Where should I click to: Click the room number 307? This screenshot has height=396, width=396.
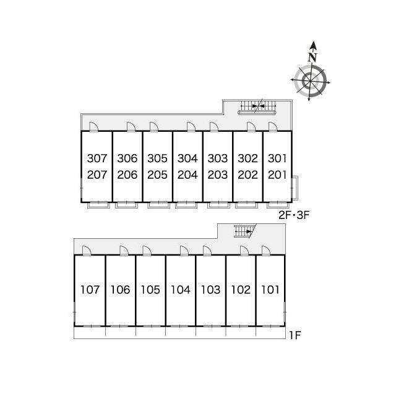pyautogui.click(x=97, y=158)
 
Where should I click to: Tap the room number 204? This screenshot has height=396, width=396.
pyautogui.click(x=187, y=174)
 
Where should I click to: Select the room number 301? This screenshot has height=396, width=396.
pyautogui.click(x=277, y=158)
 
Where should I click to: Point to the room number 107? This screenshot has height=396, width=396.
pyautogui.click(x=90, y=290)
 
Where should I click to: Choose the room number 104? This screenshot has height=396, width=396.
pyautogui.click(x=180, y=290)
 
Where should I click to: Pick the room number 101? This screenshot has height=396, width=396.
pyautogui.click(x=270, y=290)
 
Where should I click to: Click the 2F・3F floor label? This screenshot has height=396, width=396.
pyautogui.click(x=294, y=215)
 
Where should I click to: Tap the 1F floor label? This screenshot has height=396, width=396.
pyautogui.click(x=295, y=335)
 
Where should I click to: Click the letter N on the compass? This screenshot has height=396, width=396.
pyautogui.click(x=312, y=58)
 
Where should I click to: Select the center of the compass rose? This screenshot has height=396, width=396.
pyautogui.click(x=310, y=81)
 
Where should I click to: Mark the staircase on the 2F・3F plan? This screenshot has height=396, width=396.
pyautogui.click(x=257, y=106)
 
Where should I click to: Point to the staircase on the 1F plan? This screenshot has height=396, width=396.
pyautogui.click(x=244, y=231)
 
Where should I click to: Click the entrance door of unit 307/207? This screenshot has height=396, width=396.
pyautogui.click(x=93, y=126)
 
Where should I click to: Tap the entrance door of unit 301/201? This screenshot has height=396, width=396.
pyautogui.click(x=272, y=126)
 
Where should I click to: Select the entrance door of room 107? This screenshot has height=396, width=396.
pyautogui.click(x=87, y=251)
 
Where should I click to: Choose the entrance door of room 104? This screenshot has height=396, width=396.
pyautogui.click(x=184, y=251)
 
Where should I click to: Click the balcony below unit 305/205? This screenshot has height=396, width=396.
pyautogui.click(x=158, y=205)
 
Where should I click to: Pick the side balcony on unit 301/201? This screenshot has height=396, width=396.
pyautogui.click(x=295, y=187)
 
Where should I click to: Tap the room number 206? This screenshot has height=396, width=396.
pyautogui.click(x=127, y=174)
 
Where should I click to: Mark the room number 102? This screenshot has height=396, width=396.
pyautogui.click(x=241, y=290)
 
